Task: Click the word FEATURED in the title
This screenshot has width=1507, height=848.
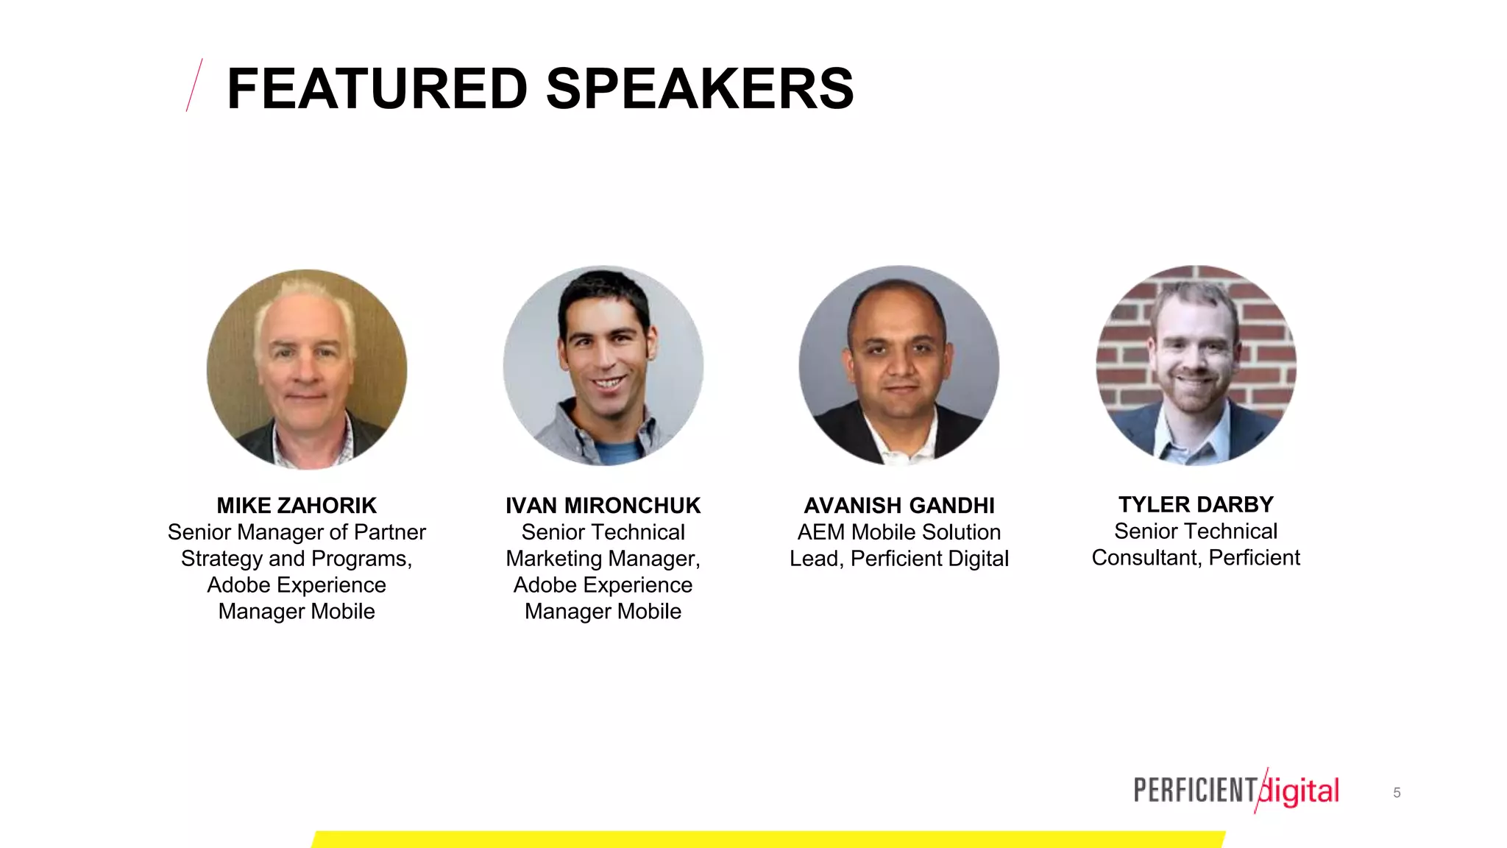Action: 377,89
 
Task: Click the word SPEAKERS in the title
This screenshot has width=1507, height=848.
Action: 700,89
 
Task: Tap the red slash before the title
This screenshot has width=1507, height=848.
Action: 194,85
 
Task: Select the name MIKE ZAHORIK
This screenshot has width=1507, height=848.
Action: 297,506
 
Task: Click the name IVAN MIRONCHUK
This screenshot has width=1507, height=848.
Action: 603,506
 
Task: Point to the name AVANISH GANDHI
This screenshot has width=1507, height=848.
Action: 899,506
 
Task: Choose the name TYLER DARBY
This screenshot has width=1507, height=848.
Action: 1196,504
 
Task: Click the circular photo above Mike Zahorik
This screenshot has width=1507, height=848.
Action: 307,369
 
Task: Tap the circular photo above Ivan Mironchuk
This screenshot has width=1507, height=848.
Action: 603,366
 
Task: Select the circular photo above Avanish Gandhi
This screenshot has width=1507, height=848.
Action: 899,366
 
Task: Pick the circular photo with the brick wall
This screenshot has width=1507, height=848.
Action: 1196,366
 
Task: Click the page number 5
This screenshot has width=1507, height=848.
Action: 1397,793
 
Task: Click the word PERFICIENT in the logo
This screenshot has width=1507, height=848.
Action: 1195,791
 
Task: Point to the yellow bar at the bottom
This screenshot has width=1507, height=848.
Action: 768,839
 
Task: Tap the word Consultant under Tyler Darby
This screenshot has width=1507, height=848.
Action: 1146,557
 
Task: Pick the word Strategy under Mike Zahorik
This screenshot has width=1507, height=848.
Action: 221,559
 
